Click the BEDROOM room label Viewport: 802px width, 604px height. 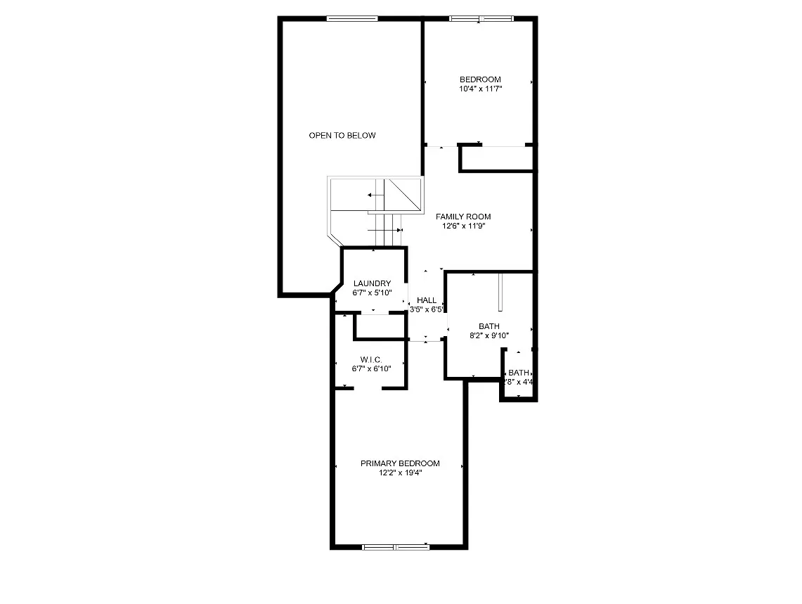pos(480,79)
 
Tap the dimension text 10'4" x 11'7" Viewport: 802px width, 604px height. pos(480,89)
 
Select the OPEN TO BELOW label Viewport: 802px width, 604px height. pos(342,136)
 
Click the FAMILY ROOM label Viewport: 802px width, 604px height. pos(463,217)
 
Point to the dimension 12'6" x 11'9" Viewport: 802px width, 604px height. pos(463,226)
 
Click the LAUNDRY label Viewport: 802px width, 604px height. pos(373,283)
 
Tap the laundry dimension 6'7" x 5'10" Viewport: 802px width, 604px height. pos(373,293)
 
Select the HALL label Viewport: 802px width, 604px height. pos(427,300)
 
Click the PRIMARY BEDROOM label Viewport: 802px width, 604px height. pos(400,463)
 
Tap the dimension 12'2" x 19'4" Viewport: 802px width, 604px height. pos(400,473)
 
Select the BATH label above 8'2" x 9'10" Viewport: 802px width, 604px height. pos(489,326)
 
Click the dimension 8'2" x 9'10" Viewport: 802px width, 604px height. pos(489,336)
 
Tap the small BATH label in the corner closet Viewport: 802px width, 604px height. pos(519,373)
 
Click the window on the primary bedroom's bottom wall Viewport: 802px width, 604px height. pos(395,546)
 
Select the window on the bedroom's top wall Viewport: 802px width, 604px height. pos(481,19)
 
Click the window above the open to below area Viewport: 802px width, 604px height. pos(352,19)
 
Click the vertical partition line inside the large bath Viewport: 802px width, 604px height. pos(500,293)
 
